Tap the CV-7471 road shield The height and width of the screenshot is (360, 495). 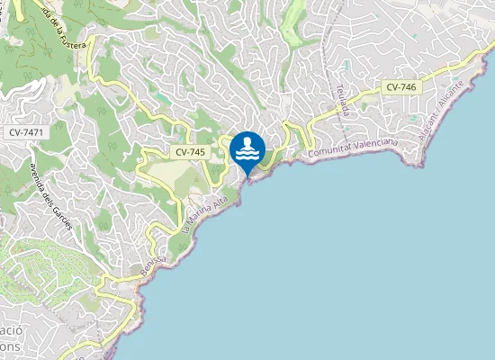click(26, 133)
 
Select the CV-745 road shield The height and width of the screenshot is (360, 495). click(191, 152)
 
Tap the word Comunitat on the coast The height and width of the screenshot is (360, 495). click(332, 153)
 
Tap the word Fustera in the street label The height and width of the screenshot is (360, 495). click(72, 41)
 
